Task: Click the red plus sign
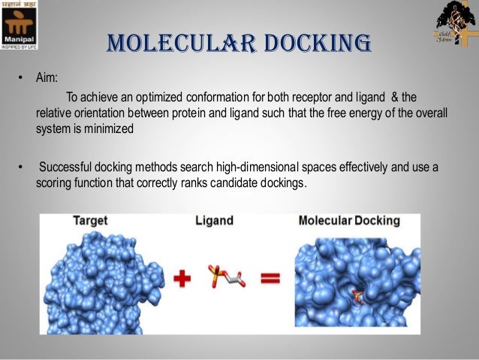pos(182,280)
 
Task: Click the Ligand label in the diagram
pos(214,221)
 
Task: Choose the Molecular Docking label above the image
pos(348,221)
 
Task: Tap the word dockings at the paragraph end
pos(282,182)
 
